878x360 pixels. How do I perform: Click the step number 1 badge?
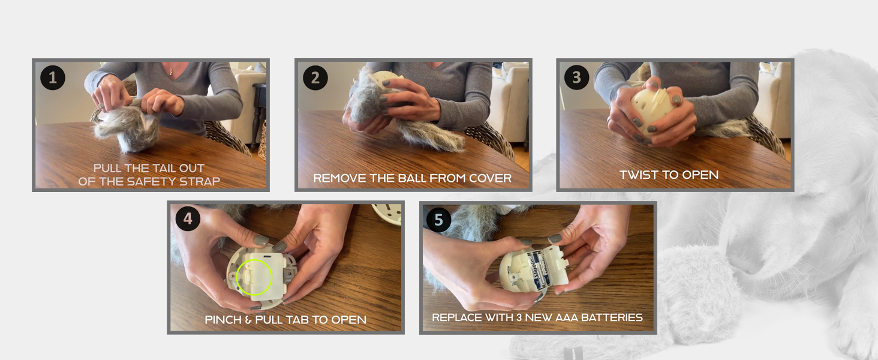tap(53, 77)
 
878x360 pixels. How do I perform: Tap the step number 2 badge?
tap(315, 77)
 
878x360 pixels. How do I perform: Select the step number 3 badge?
tap(576, 77)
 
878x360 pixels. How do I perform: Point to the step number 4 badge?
tap(188, 218)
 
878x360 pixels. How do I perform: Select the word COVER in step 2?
tap(491, 178)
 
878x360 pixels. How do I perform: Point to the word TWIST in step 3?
tap(638, 175)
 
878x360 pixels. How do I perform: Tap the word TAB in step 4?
tap(298, 320)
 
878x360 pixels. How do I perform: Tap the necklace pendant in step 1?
tap(171, 72)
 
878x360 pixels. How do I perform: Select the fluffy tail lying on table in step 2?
tap(431, 135)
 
